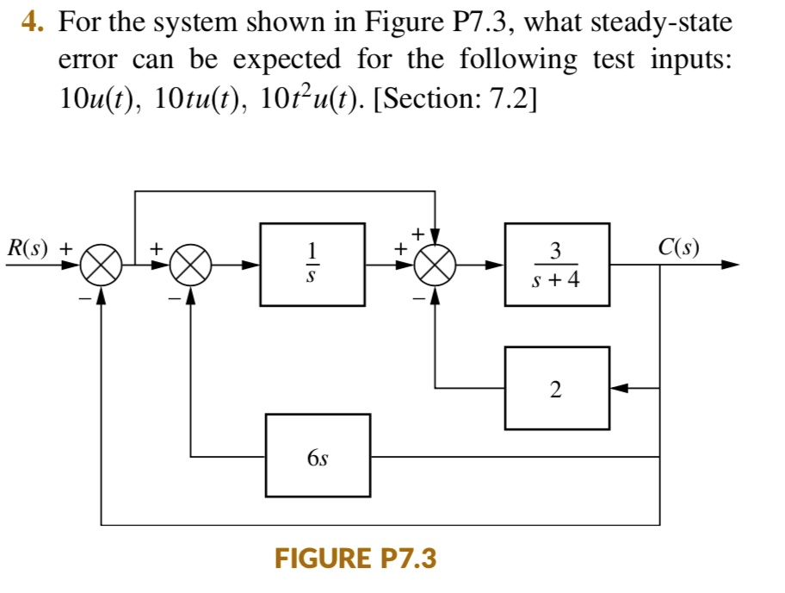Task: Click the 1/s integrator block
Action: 312,264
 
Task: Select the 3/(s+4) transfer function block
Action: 557,264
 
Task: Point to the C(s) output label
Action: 678,248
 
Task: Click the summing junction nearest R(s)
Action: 102,265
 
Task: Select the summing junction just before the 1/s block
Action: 190,265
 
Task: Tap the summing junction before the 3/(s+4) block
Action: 435,265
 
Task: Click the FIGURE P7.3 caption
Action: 355,559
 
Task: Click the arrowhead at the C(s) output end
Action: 730,265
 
